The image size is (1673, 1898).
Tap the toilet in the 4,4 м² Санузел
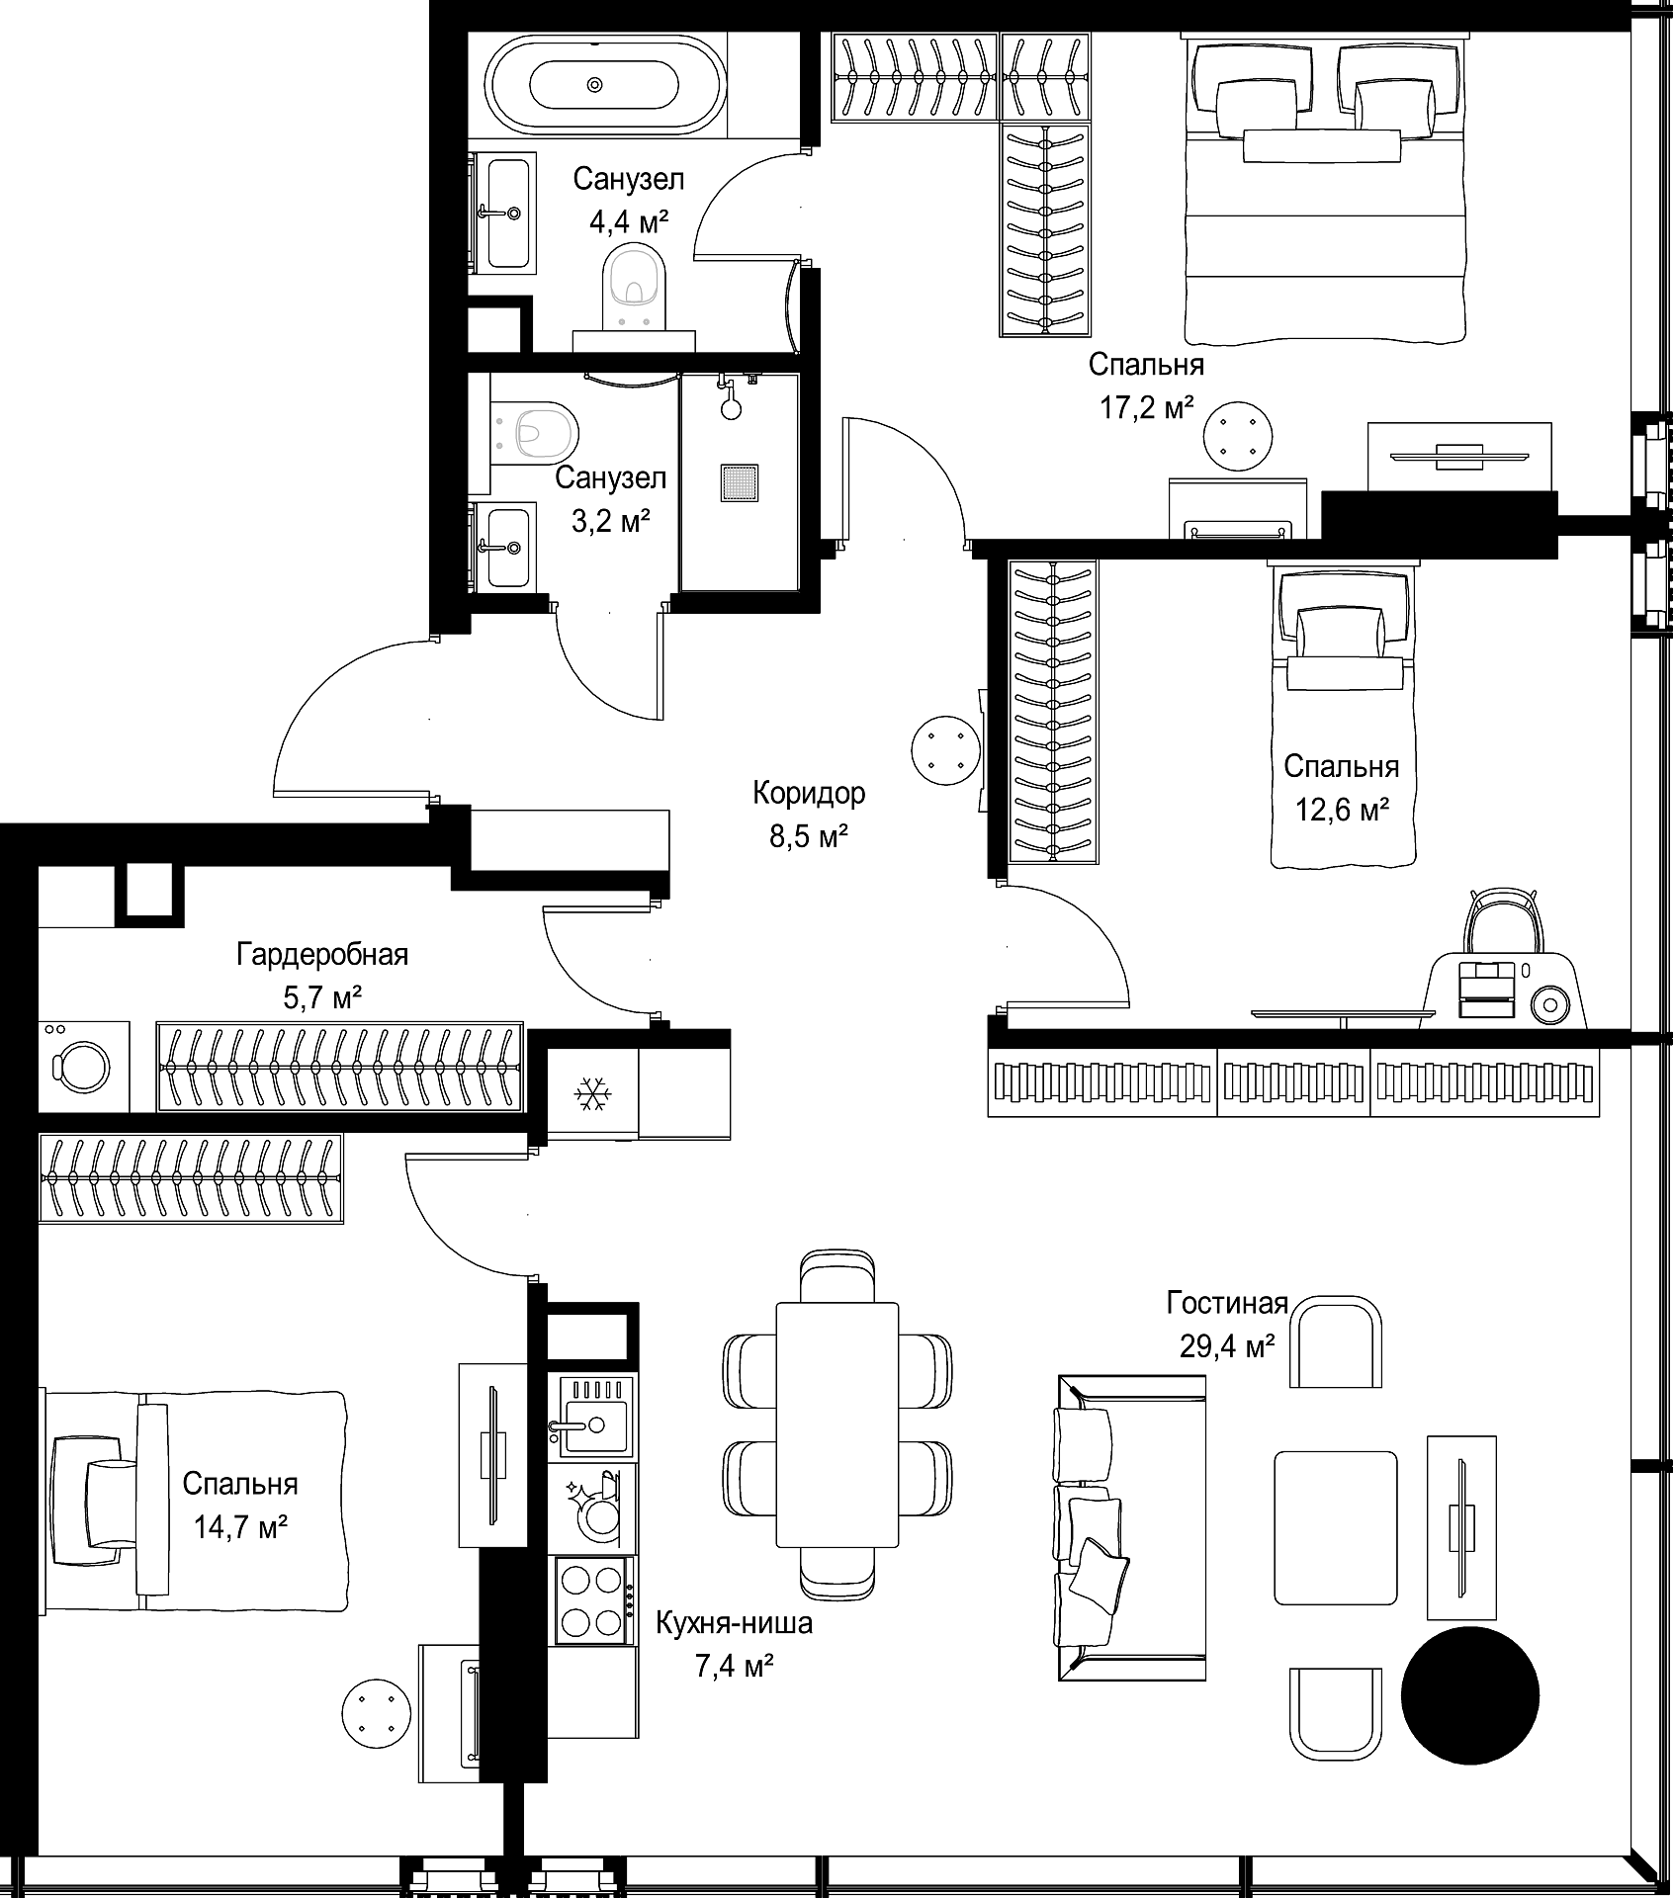(634, 284)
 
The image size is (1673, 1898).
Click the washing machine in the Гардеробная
(84, 1066)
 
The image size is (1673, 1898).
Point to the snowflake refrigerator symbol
(593, 1094)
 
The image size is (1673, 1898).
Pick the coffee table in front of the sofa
(1336, 1528)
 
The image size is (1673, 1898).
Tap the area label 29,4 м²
(1227, 1345)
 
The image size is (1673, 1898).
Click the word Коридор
(809, 793)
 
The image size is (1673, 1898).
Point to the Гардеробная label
(322, 955)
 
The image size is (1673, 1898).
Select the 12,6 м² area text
(1343, 811)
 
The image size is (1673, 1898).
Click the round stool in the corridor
(944, 751)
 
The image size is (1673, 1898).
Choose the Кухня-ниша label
(735, 1623)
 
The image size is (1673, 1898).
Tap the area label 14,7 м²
(240, 1528)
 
